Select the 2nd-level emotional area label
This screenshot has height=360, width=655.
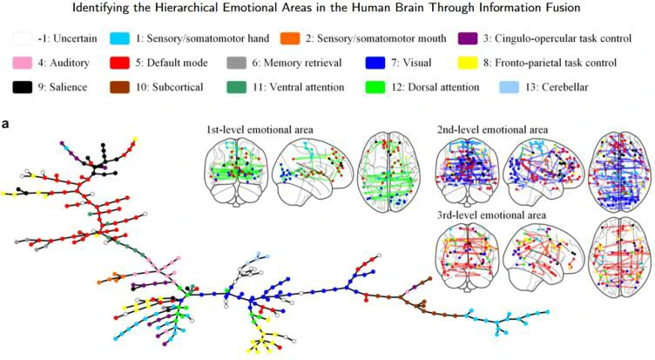point(495,130)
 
